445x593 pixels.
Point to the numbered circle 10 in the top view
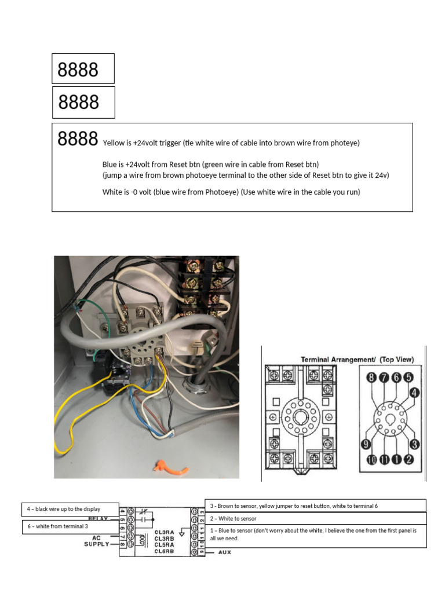[371, 459]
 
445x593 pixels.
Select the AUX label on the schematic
[225, 552]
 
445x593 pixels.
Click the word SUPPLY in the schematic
[96, 544]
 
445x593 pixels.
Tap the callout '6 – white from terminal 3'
[58, 526]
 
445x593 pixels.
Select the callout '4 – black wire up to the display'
[64, 509]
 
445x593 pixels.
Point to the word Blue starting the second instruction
[110, 164]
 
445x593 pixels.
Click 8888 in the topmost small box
[78, 70]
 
